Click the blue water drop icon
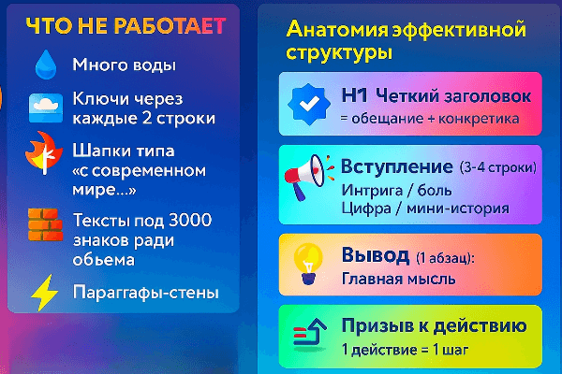46,65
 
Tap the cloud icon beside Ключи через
46,108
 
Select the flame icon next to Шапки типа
44,153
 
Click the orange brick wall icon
46,224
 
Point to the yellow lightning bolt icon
45,293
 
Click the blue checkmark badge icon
308,104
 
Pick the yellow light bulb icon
307,264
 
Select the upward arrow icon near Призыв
310,333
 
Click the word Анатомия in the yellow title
337,29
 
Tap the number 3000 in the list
190,220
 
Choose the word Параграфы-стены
145,293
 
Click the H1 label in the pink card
354,95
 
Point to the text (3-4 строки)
498,167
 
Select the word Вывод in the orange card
376,255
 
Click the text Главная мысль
399,279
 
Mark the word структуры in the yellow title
339,53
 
